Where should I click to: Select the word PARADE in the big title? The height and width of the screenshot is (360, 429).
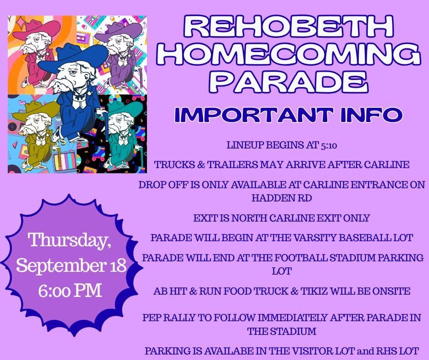tap(291, 82)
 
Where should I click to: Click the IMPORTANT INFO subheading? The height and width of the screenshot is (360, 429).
tap(288, 115)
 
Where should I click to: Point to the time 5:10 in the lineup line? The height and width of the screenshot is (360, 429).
tap(329, 145)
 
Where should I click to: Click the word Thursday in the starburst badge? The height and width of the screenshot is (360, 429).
tap(70, 240)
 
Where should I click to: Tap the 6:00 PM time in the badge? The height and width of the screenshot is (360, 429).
tap(70, 291)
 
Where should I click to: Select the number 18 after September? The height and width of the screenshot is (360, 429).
tap(117, 265)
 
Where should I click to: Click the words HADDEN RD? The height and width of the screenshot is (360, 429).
tap(282, 198)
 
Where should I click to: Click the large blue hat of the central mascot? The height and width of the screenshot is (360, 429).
tap(74, 58)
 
